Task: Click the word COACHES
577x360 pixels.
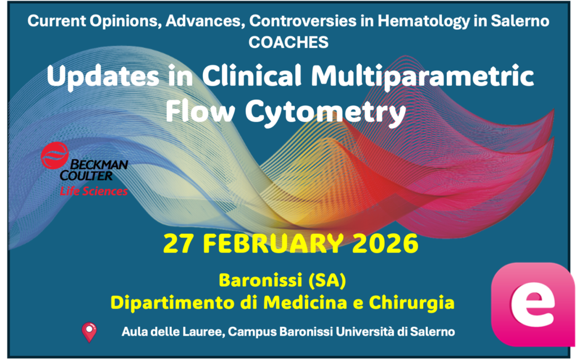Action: coord(288,42)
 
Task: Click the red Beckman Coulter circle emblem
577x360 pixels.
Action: coord(55,155)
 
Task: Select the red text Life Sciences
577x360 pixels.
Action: coord(94,192)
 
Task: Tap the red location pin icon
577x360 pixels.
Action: coord(89,332)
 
